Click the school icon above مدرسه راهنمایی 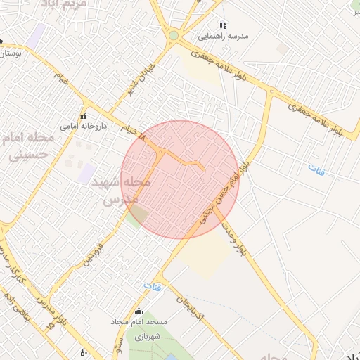click(x=223, y=25)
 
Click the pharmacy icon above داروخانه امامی click(x=83, y=117)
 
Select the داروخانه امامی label click(x=77, y=127)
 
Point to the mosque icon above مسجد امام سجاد click(x=139, y=311)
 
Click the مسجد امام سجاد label click(x=139, y=321)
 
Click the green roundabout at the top click(x=174, y=35)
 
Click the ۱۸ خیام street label click(x=130, y=130)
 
